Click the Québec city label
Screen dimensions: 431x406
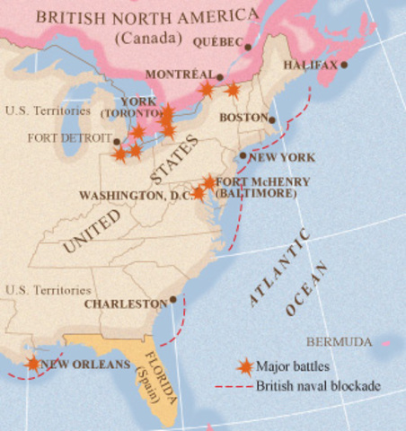pos(217,42)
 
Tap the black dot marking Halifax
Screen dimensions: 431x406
pos(343,66)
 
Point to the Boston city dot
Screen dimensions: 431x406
pos(272,119)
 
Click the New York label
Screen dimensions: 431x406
pos(281,157)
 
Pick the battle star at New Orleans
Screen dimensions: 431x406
pos(33,363)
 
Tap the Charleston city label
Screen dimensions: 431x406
pos(126,304)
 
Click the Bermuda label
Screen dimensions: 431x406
pos(339,342)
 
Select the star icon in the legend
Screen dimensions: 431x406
pos(243,365)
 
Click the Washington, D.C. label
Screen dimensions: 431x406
pos(135,195)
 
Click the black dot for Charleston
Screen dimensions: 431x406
pos(172,300)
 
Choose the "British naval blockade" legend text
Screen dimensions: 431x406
pos(318,386)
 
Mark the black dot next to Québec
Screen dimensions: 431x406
pos(247,44)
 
